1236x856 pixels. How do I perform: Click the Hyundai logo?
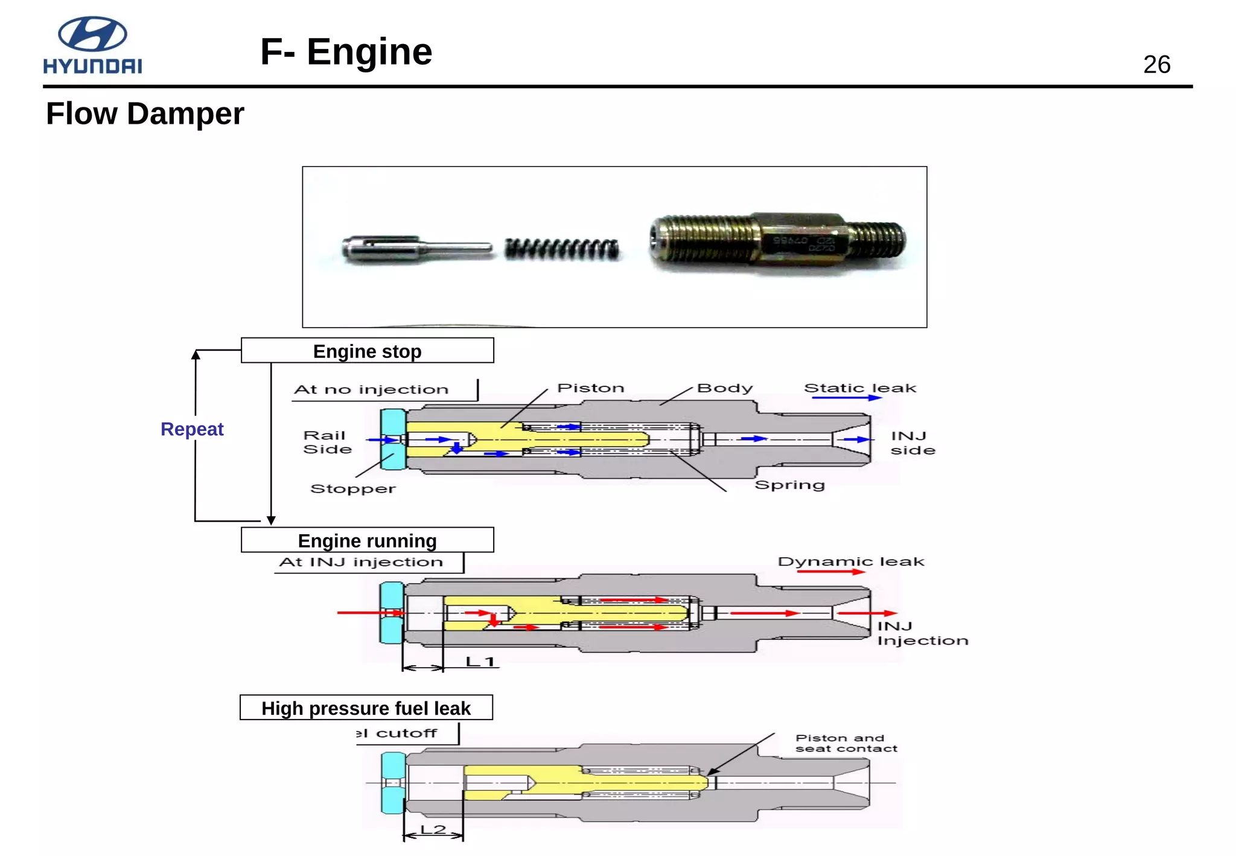pos(92,45)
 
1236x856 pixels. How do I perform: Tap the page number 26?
pos(1156,65)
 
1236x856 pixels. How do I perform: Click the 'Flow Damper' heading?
pos(145,113)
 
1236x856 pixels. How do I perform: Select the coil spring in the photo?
pos(562,249)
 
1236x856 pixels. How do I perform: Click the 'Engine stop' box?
pos(367,351)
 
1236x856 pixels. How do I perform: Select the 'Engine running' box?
pos(367,540)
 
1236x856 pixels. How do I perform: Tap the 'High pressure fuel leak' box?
pos(366,707)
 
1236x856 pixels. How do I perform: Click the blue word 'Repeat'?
pos(192,429)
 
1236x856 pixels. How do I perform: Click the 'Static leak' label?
pos(859,388)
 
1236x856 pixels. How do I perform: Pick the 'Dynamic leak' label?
pos(850,561)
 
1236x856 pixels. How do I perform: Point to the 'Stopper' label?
pos(353,488)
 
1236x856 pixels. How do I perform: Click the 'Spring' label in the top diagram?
pos(789,485)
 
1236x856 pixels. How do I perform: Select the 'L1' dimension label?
pos(480,662)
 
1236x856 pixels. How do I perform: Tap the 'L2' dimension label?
pos(433,829)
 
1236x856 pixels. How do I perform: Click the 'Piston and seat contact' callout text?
pos(846,743)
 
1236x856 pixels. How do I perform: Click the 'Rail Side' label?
pos(327,442)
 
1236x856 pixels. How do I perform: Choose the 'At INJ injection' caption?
pos(361,562)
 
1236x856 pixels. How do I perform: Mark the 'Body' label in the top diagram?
pos(724,388)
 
